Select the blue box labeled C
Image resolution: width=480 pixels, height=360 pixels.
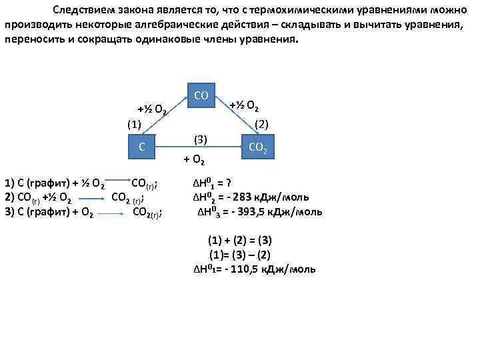click(142, 146)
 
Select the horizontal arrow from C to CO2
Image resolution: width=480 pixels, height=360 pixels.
click(200, 147)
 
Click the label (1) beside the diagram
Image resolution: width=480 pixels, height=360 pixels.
click(135, 124)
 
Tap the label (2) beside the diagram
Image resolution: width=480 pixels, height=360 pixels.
click(261, 123)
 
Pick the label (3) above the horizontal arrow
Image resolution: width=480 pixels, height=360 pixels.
click(200, 139)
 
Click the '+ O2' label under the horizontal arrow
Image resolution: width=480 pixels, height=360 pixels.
click(195, 160)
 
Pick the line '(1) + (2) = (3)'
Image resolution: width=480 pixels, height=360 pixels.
click(240, 240)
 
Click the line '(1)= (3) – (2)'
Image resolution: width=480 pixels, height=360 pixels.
click(240, 254)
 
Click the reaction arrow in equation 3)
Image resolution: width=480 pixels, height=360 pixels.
click(113, 213)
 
